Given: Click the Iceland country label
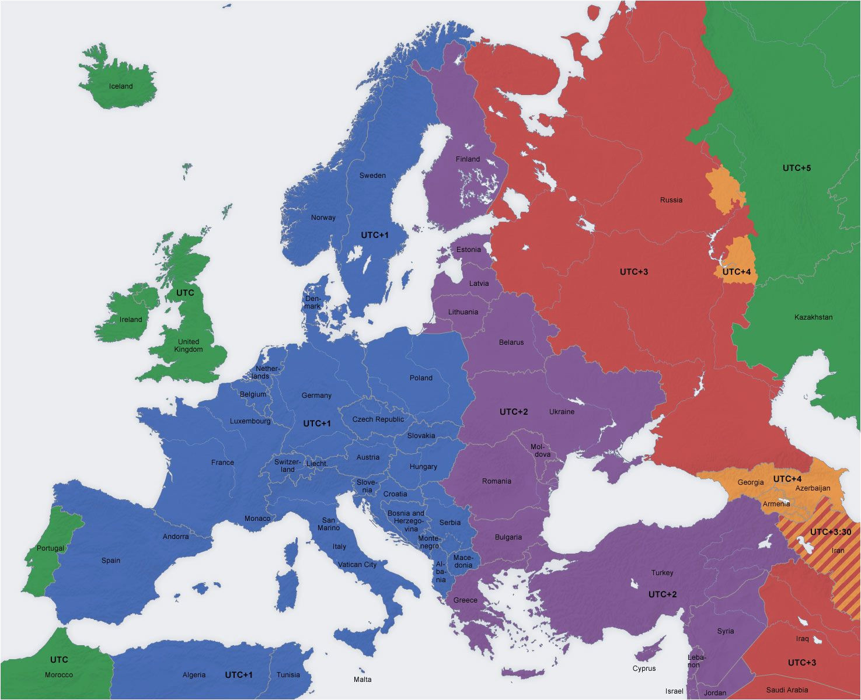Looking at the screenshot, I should [x=121, y=86].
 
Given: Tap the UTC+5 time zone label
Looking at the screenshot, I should [x=796, y=168].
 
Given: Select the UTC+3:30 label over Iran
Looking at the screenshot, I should [x=830, y=532].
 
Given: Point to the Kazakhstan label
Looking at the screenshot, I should [x=813, y=317].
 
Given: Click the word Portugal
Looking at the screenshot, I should [x=50, y=548].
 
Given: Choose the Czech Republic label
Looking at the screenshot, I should [x=378, y=419].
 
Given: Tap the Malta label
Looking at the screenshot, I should [x=362, y=679].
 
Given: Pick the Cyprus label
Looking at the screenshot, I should [x=644, y=668].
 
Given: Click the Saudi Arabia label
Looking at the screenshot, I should [x=787, y=690].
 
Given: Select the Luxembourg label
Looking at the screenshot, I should [x=250, y=421].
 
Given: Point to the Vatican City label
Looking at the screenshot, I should [x=357, y=565].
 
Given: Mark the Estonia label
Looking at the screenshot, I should [x=469, y=250].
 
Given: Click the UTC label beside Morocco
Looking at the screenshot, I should [x=59, y=660].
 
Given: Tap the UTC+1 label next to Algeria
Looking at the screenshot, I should [x=239, y=675].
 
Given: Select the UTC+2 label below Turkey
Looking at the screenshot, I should [x=663, y=594].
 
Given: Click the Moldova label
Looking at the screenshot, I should [x=541, y=450].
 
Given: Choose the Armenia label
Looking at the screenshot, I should [x=776, y=504].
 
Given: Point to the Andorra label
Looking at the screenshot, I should [x=176, y=537].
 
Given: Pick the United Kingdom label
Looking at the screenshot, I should [x=189, y=345].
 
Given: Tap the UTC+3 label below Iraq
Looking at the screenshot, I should [x=801, y=663].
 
